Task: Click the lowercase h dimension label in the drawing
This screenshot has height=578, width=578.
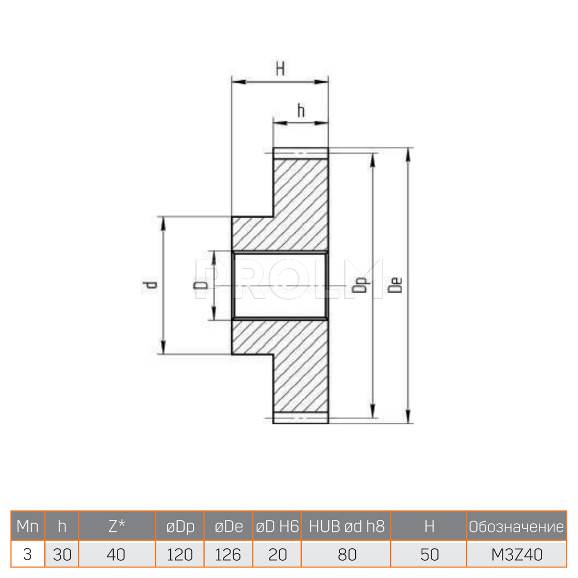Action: (301, 111)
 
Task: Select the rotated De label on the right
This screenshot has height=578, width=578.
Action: (395, 286)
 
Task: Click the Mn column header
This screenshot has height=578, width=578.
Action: (28, 526)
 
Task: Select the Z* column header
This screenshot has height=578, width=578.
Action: (117, 526)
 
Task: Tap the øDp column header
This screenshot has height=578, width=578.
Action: (180, 526)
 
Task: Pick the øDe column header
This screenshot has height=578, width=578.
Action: (229, 526)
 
